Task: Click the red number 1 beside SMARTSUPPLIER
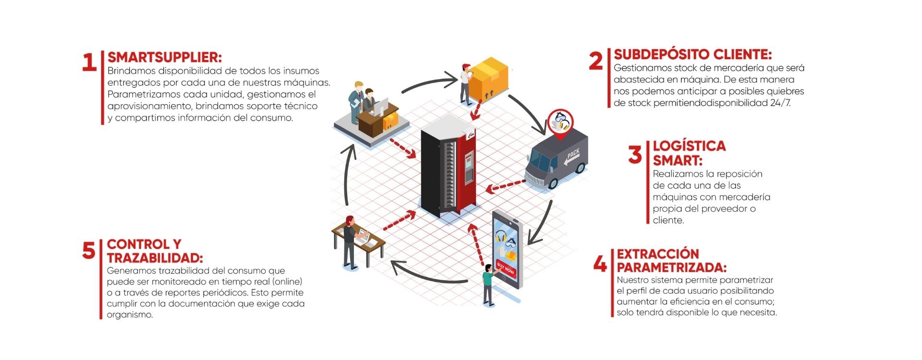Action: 89,62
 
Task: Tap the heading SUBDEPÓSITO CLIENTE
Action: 692,54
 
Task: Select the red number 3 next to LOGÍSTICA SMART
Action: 635,155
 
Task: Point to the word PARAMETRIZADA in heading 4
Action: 671,267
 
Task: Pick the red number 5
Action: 89,251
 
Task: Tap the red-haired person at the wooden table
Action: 349,240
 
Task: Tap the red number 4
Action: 600,263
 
